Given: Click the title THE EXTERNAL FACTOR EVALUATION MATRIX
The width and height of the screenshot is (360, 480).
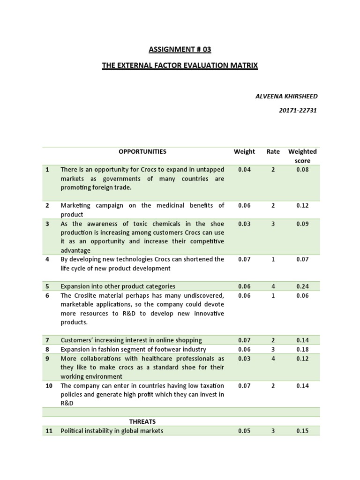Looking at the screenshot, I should pyautogui.click(x=180, y=66).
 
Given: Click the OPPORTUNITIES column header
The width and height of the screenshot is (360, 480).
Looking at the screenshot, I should pyautogui.click(x=142, y=151).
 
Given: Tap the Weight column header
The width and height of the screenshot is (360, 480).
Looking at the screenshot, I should pyautogui.click(x=244, y=151).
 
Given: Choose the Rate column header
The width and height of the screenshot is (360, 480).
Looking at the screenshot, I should pyautogui.click(x=273, y=151).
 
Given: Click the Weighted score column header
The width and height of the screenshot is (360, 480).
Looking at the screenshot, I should pyautogui.click(x=302, y=156).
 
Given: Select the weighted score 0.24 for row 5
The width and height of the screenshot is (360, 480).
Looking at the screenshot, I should pyautogui.click(x=302, y=286).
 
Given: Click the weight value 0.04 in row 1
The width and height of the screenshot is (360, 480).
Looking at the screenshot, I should pyautogui.click(x=244, y=170).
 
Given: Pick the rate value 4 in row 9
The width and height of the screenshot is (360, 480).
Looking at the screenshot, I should pyautogui.click(x=273, y=359).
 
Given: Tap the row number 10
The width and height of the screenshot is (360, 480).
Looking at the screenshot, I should pyautogui.click(x=49, y=385).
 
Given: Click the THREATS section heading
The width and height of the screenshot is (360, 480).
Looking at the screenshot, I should pyautogui.click(x=142, y=421).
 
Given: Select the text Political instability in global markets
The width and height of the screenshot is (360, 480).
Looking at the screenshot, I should pyautogui.click(x=112, y=430).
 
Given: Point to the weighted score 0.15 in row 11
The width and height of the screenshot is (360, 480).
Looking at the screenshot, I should pyautogui.click(x=302, y=430).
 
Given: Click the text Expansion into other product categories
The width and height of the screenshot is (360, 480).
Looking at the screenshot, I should pyautogui.click(x=118, y=286).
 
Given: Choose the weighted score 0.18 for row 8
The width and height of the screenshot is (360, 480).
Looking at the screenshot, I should pyautogui.click(x=302, y=349).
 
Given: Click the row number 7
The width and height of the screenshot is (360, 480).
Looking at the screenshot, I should pyautogui.click(x=47, y=340).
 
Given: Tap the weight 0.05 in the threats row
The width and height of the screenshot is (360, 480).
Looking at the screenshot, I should pyautogui.click(x=244, y=430).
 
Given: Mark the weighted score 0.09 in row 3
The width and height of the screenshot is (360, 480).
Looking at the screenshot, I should pyautogui.click(x=302, y=224).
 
